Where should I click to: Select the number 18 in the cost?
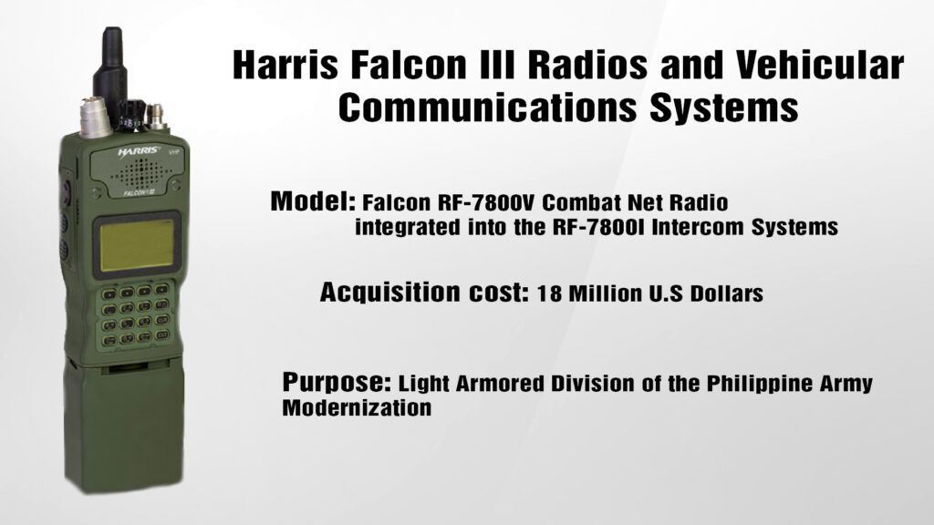[551, 294]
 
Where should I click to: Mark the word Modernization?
[356, 408]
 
